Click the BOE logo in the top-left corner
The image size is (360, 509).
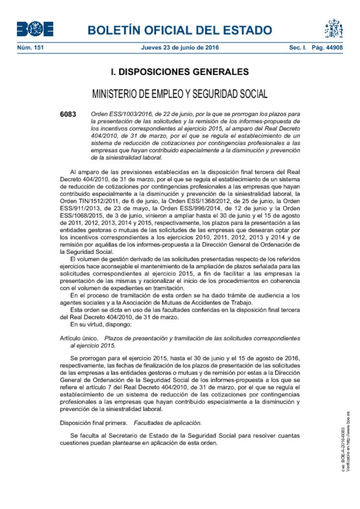35,29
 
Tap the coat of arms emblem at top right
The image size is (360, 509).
334,29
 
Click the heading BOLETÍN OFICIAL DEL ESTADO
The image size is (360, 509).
180,30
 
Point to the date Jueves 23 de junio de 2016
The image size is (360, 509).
180,48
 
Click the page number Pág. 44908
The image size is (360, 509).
328,48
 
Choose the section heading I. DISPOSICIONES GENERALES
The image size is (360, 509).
180,72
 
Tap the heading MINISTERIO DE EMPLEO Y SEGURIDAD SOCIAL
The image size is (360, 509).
180,94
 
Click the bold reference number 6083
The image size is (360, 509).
68,114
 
